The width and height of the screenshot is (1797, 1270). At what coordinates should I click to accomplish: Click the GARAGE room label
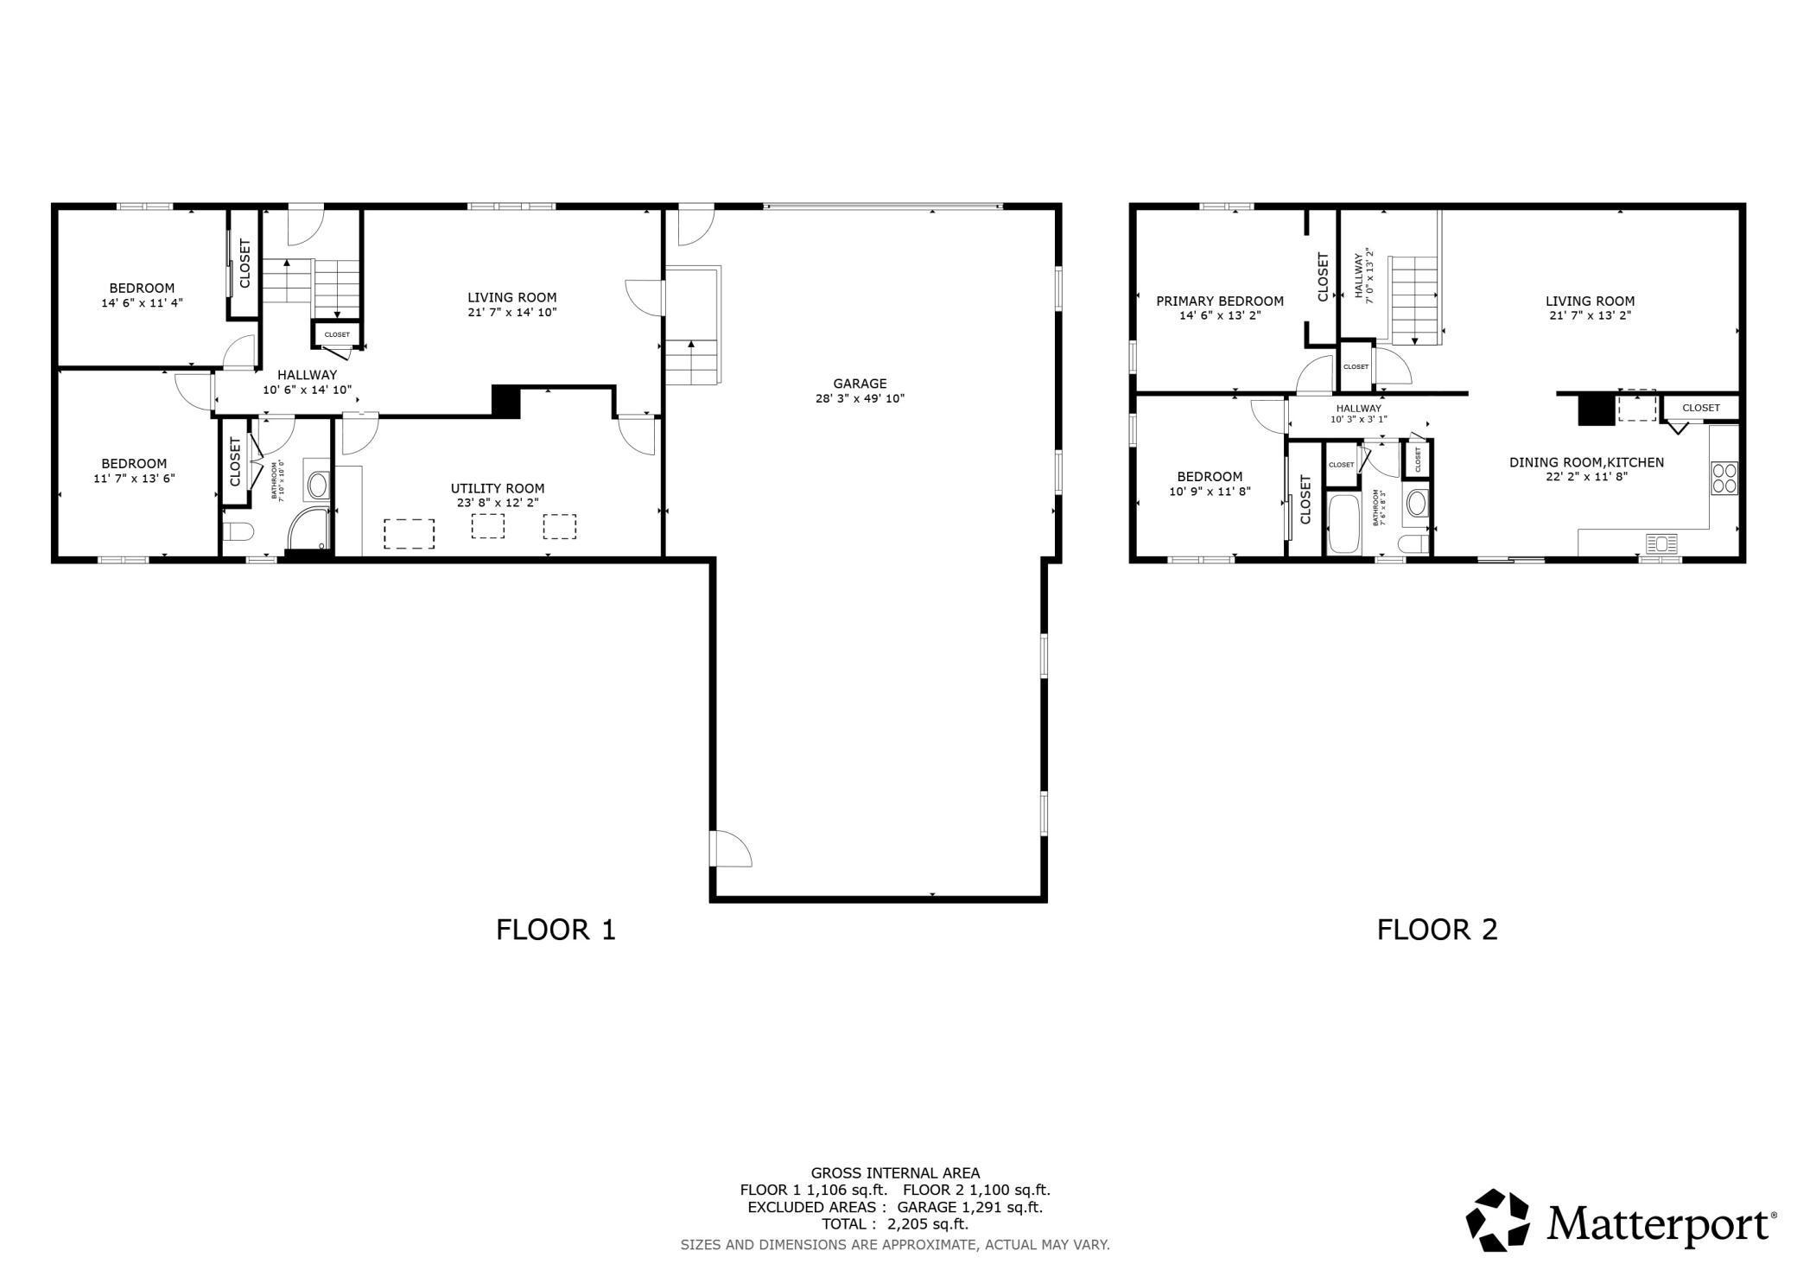[860, 384]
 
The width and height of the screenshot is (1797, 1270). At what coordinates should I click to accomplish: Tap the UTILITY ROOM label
[498, 488]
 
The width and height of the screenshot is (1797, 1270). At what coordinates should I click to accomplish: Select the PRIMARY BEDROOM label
[1220, 302]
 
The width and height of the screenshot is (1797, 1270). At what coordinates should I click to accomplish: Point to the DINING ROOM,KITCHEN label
[1586, 462]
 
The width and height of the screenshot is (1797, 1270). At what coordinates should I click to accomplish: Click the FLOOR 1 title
[556, 930]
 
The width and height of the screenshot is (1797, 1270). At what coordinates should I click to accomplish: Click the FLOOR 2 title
[1437, 930]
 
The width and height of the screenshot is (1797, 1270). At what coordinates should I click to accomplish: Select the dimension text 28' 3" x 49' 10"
[860, 398]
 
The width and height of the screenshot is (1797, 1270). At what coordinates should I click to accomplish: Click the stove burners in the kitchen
[1724, 478]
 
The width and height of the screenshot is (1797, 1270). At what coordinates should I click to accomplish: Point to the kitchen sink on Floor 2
[1661, 543]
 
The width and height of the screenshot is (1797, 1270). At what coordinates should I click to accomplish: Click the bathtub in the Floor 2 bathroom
[1343, 524]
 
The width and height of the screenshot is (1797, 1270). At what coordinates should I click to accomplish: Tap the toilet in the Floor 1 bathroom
[237, 531]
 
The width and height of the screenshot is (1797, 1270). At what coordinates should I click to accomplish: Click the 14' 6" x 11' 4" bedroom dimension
[142, 303]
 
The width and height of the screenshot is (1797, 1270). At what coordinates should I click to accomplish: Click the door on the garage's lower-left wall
[731, 848]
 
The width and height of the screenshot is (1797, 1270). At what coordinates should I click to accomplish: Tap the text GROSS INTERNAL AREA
[895, 1173]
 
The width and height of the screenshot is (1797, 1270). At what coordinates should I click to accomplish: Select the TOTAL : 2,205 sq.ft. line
[895, 1224]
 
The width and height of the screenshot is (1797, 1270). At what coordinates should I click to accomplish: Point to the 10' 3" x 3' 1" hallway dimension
[1358, 420]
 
